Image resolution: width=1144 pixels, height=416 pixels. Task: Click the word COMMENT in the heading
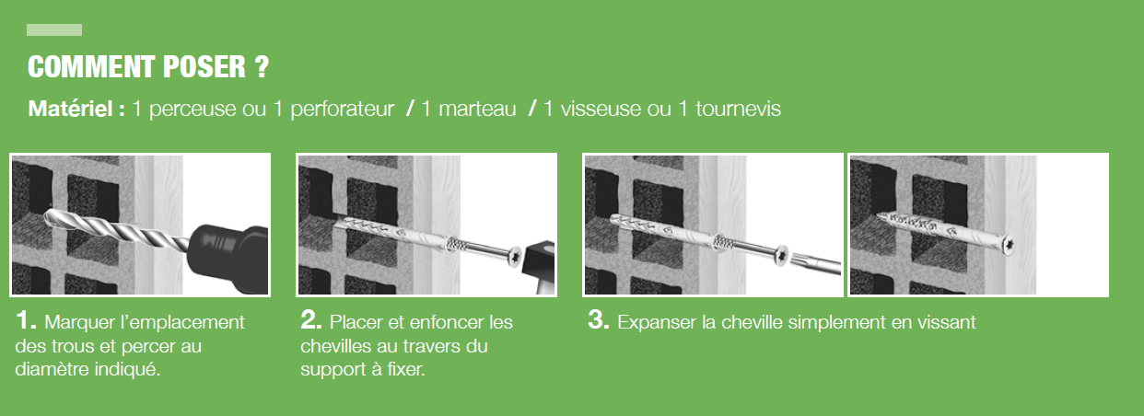[91, 67]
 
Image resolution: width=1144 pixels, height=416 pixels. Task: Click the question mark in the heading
[261, 67]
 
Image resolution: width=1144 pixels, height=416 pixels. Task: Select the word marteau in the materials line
[477, 109]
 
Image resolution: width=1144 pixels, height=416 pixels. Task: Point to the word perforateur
[342, 110]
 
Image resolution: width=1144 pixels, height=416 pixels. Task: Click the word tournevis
[738, 109]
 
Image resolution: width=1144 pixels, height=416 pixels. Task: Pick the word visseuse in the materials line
[601, 109]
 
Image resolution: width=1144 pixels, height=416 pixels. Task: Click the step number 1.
[26, 320]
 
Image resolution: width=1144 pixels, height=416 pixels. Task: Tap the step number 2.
[311, 320]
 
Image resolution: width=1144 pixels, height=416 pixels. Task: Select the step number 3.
[598, 320]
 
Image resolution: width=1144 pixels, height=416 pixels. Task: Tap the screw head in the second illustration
[514, 256]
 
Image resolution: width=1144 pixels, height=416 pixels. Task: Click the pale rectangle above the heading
[54, 29]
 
